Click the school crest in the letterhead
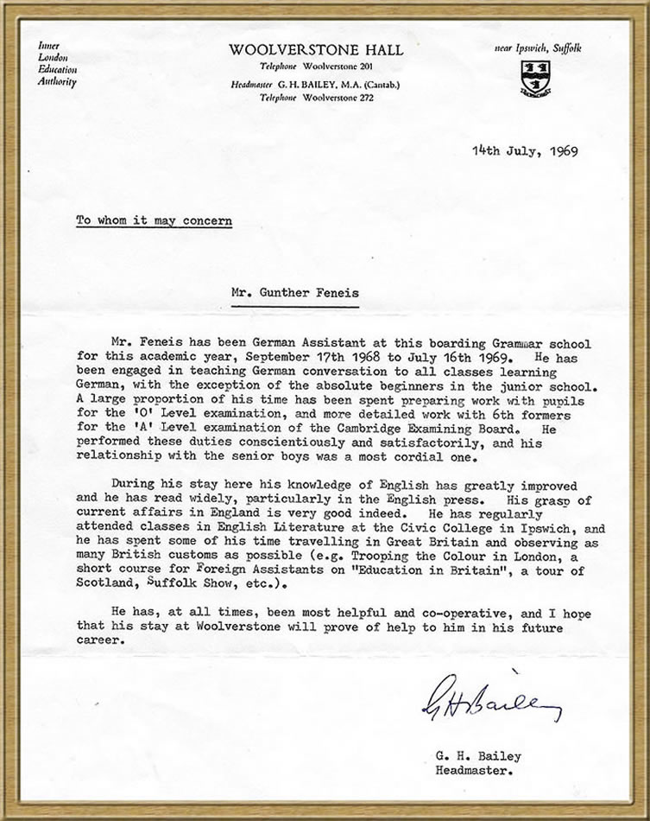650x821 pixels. [x=536, y=78]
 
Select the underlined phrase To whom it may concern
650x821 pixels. [x=153, y=220]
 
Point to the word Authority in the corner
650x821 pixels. [x=57, y=82]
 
